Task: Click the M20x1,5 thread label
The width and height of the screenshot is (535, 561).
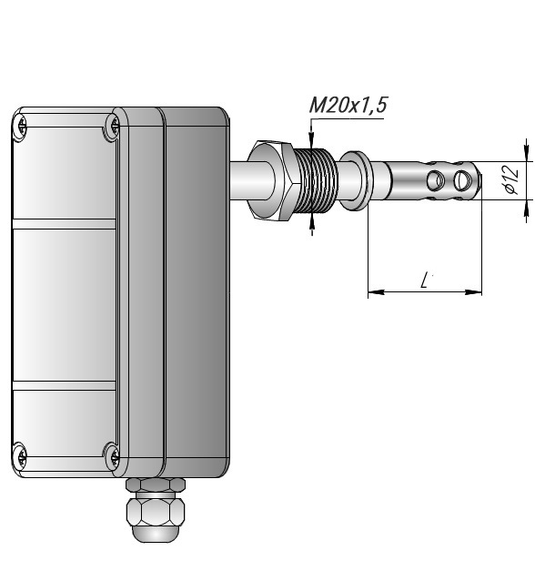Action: coord(348,106)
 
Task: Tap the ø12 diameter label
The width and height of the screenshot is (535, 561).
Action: coord(512,178)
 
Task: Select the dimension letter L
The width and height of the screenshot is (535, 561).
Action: coord(425,280)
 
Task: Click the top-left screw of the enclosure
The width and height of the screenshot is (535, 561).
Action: coord(21,126)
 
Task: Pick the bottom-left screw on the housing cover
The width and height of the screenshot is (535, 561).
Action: coord(21,455)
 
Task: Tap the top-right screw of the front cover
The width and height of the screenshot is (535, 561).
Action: coord(114,126)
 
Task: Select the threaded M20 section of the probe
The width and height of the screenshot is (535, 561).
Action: coord(316,181)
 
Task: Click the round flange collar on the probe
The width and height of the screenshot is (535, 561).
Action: coord(356,180)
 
